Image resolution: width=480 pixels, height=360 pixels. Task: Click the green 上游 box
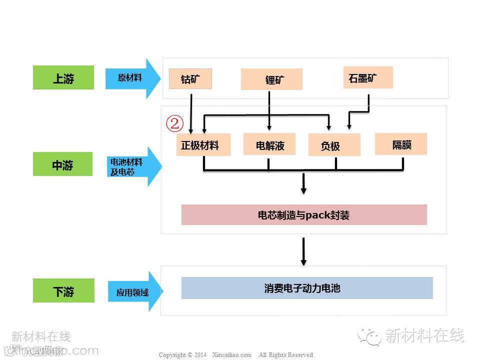pyautogui.click(x=63, y=78)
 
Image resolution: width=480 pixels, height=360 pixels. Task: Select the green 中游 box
pyautogui.click(x=62, y=164)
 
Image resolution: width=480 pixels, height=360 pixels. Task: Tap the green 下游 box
pyautogui.click(x=63, y=291)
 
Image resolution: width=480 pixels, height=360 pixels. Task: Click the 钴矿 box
pyautogui.click(x=190, y=79)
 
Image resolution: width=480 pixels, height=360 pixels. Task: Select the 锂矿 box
pyautogui.click(x=271, y=79)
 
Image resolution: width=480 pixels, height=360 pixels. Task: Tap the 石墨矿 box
pyautogui.click(x=367, y=77)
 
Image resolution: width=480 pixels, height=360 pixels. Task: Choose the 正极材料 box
pyautogui.click(x=203, y=145)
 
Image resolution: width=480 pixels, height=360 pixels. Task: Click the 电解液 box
pyautogui.click(x=269, y=144)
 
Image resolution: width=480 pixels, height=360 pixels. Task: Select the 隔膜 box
pyautogui.click(x=401, y=144)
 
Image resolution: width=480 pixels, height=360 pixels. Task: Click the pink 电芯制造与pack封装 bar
pyautogui.click(x=303, y=215)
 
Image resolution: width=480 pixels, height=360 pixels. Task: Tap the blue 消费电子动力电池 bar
pyautogui.click(x=306, y=288)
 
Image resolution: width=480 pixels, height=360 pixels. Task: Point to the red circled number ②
pyautogui.click(x=174, y=123)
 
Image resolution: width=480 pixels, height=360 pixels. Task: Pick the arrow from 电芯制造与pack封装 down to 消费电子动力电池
pyautogui.click(x=303, y=251)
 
